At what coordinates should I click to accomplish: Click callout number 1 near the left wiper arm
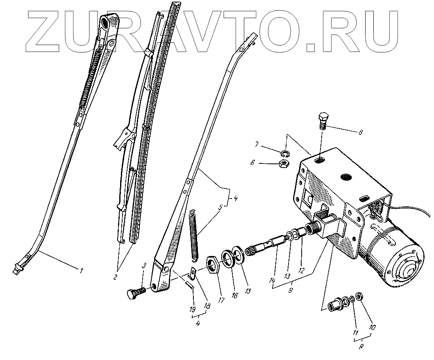(81, 270)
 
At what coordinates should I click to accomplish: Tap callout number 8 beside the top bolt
(360, 132)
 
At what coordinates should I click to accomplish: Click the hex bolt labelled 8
(322, 120)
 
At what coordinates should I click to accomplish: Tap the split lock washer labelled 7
(286, 154)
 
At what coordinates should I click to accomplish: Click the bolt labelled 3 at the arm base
(134, 293)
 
